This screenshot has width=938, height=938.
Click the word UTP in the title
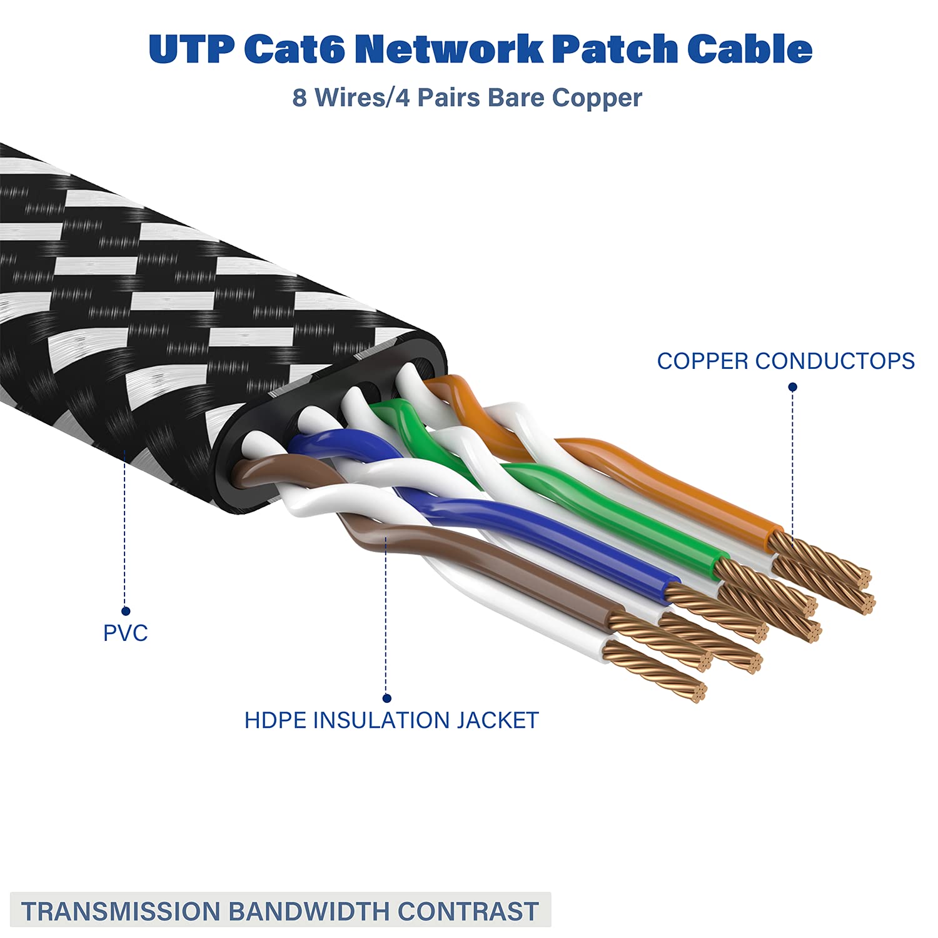[191, 49]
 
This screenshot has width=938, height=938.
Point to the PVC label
[125, 633]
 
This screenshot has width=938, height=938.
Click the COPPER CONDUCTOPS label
[785, 361]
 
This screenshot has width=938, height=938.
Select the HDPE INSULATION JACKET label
[391, 720]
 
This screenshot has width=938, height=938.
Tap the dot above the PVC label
[126, 611]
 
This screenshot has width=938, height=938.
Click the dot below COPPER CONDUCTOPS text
[792, 387]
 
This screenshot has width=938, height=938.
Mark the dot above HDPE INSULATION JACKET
[386, 698]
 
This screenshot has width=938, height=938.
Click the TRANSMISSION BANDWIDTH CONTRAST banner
[280, 911]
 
